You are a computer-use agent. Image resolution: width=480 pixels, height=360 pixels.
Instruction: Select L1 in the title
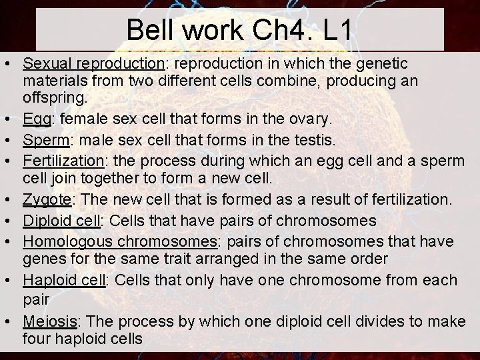coord(337,31)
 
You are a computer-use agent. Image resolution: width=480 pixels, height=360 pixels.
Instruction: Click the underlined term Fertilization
coord(61,161)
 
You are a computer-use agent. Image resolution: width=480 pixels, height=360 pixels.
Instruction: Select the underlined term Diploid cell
coord(61,219)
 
